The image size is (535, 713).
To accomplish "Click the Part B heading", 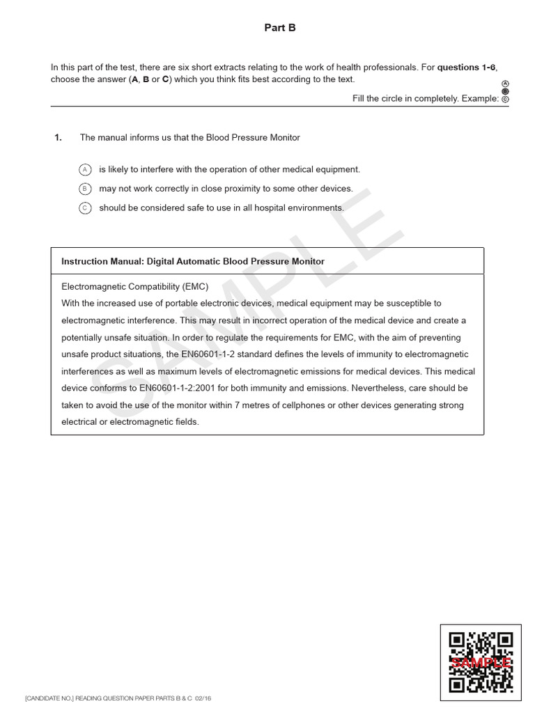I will tap(281, 28).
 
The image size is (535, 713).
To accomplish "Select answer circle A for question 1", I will tap(85, 169).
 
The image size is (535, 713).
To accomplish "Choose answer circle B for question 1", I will tap(85, 189).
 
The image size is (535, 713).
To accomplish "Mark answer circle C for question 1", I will tap(85, 207).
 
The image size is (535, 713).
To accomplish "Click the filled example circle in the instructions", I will tap(505, 91).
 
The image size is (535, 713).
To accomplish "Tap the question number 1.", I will tap(59, 138).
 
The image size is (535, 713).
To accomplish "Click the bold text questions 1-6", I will tap(466, 68).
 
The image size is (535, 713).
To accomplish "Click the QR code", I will tap(481, 661).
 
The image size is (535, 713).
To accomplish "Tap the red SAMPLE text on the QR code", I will tap(481, 663).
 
